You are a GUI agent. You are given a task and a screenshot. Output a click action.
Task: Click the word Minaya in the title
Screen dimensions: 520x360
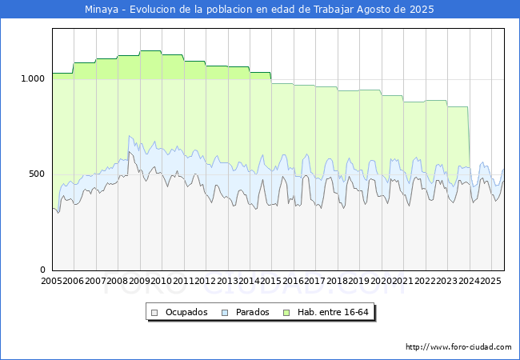point(101,10)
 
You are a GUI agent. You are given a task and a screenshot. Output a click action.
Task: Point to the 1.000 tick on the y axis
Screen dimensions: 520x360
point(33,79)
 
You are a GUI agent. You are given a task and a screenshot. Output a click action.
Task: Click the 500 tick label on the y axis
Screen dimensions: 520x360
point(37,174)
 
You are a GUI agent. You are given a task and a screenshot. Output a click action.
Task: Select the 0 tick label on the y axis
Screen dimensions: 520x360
point(42,270)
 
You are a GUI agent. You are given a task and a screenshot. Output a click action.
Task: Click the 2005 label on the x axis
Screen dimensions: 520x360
point(51,281)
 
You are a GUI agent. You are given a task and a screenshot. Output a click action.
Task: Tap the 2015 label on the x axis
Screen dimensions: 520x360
point(270,281)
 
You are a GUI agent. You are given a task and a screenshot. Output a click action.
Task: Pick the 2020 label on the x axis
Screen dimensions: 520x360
point(381,281)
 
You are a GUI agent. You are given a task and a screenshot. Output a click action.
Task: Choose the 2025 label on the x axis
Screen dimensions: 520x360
point(490,281)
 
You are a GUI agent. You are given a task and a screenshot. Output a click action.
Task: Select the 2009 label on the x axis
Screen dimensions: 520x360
point(139,281)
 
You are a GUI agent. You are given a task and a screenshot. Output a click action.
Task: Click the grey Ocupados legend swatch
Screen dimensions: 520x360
point(154,313)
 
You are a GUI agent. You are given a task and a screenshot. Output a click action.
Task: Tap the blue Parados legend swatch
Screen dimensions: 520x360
point(225,313)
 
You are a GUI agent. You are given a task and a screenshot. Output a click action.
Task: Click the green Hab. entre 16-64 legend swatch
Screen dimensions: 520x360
point(286,313)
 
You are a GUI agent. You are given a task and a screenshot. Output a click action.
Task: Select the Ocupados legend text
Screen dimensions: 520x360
point(186,312)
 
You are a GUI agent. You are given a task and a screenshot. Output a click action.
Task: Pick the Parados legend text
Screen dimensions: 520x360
point(252,312)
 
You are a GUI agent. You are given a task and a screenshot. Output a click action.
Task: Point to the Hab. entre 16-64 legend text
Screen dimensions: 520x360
point(333,312)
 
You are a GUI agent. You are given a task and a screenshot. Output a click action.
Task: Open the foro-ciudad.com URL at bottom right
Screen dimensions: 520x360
point(458,347)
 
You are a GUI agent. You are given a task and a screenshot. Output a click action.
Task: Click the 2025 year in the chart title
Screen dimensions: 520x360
point(422,10)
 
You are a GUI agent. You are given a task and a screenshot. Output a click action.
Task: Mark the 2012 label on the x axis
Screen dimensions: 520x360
point(205,281)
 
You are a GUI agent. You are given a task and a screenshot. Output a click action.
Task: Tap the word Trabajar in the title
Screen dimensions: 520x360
point(334,10)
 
